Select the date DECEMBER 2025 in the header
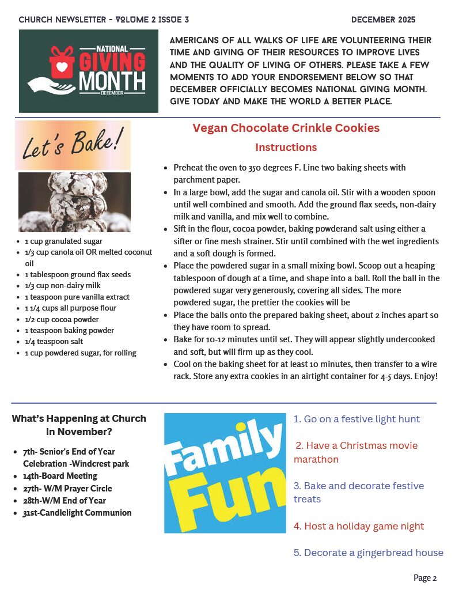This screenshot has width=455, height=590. (383, 20)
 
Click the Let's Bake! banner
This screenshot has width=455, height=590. (73, 145)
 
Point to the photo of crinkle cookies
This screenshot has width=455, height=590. (74, 202)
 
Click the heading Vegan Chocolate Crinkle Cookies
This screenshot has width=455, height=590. (286, 128)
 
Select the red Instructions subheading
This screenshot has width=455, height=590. (286, 147)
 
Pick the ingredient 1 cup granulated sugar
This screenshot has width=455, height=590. (63, 241)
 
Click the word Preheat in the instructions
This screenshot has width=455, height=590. (188, 168)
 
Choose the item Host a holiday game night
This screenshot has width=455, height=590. (358, 526)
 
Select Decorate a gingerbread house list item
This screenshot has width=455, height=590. (368, 553)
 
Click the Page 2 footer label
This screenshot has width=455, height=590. (425, 578)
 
